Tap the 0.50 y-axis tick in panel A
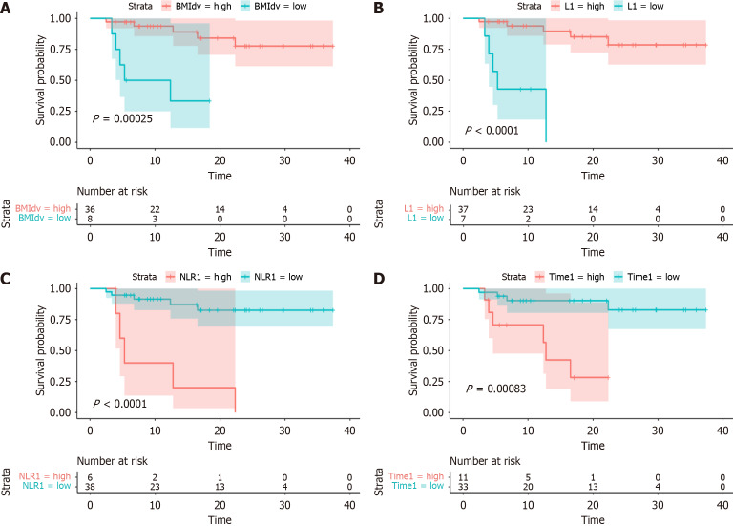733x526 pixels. (x=68, y=80)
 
